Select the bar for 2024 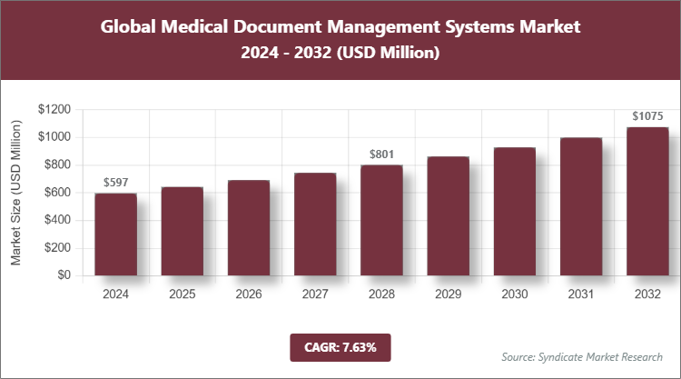[115, 234]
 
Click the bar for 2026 [249, 227]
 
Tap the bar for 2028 [381, 220]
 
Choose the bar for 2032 [647, 201]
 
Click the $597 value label [115, 183]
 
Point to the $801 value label [381, 155]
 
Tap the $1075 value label [647, 116]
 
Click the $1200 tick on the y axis [54, 109]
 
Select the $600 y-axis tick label [57, 193]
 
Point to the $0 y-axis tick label [64, 275]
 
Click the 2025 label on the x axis [182, 294]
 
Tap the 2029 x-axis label [448, 294]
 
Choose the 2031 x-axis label [581, 294]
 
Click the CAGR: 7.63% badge [340, 346]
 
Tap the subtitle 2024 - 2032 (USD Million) [340, 54]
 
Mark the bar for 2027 [315, 224]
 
